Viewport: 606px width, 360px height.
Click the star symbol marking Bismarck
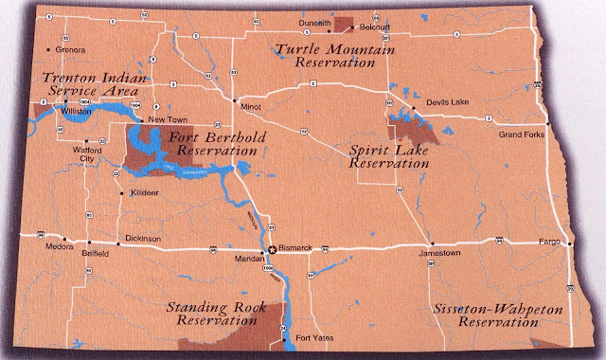[273, 249]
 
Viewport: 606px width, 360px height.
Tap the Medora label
[47, 252]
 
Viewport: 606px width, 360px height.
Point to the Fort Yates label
[312, 338]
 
